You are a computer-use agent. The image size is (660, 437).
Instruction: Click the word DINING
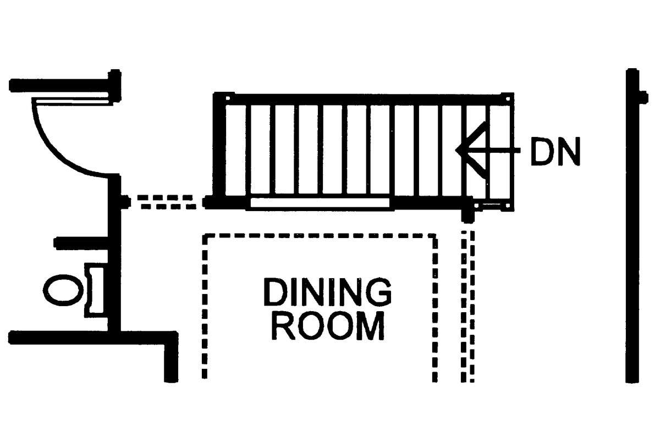327,292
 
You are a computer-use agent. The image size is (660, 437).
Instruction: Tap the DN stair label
555,151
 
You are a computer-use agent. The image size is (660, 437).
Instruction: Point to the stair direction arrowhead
471,150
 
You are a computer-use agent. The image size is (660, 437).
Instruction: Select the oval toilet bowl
63,290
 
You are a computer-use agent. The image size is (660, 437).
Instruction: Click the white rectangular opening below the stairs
320,203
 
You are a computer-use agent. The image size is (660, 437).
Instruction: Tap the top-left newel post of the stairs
228,98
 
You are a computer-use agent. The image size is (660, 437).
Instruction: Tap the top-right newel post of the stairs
507,98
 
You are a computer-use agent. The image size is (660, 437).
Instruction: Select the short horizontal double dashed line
167,202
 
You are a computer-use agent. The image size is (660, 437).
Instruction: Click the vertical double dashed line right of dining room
468,306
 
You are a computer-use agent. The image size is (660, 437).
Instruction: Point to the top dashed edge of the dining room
320,236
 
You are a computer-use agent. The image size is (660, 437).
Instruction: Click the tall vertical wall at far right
632,225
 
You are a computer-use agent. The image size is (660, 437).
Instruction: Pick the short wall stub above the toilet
81,244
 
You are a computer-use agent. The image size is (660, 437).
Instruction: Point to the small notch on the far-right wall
644,98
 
